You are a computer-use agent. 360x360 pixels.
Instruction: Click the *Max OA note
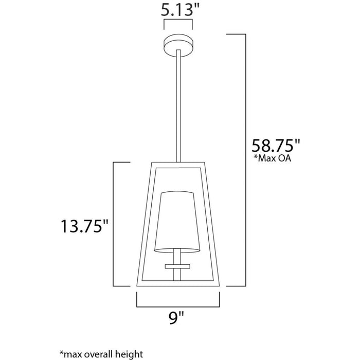point(272,158)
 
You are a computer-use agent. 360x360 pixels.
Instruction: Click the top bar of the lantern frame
point(177,165)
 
